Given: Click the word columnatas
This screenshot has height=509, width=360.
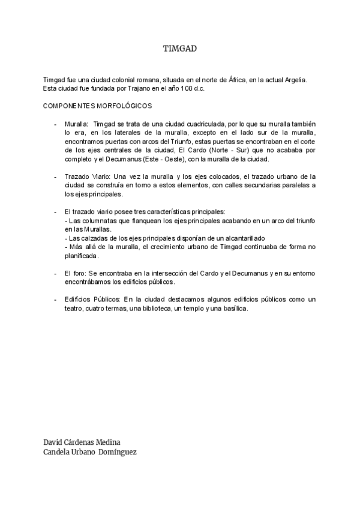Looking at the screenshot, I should [97, 221].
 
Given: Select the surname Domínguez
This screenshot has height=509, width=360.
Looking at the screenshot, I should [118, 453].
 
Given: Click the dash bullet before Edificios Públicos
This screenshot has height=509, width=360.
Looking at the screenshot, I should [55, 300].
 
